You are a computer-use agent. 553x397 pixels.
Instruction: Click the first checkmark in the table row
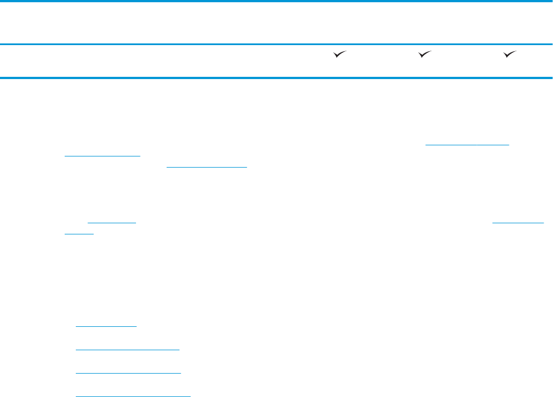point(340,54)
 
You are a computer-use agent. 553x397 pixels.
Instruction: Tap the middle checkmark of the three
point(425,54)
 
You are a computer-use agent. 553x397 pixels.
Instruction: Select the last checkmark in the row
point(510,54)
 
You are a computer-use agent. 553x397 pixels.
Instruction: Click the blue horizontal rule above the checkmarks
point(276,45)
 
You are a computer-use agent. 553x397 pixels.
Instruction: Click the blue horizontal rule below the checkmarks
point(276,77)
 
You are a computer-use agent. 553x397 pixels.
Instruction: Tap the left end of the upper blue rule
point(1,45)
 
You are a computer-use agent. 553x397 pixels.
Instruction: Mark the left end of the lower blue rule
point(1,77)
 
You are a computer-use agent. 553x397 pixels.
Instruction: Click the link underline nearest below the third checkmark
point(468,145)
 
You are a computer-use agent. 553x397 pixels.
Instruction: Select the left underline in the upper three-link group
point(102,156)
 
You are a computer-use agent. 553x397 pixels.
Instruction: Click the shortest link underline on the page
point(79,233)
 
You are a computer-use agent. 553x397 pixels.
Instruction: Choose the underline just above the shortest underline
point(112,223)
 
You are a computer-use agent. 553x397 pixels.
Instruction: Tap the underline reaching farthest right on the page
point(518,223)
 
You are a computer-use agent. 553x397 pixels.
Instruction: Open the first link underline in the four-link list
point(106,326)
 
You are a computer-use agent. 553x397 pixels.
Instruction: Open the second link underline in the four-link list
point(127,349)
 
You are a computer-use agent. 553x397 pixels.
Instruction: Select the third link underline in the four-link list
point(128,373)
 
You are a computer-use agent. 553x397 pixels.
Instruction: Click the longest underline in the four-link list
point(133,396)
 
